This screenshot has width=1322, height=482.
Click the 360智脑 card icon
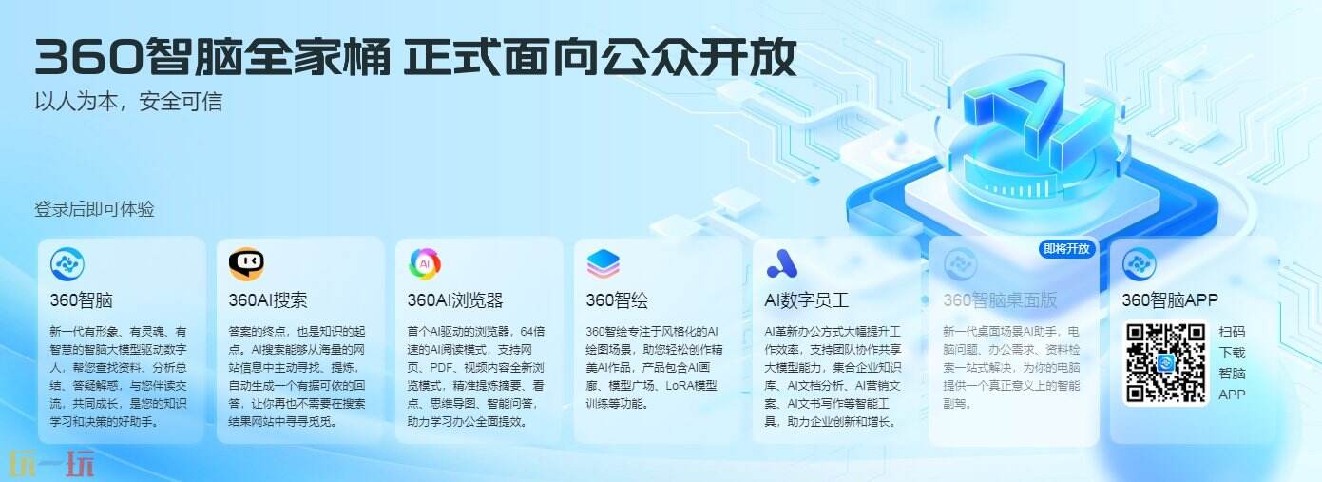tap(67, 263)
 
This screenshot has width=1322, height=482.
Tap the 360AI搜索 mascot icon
tap(246, 263)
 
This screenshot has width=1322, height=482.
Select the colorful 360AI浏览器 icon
tap(425, 263)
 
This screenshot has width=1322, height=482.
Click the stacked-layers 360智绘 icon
tap(604, 263)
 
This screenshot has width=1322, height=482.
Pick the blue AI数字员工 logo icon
tap(782, 263)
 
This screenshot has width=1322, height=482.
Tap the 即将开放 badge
tap(1067, 249)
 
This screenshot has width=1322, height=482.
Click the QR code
tap(1166, 362)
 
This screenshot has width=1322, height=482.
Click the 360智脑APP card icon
tap(1139, 263)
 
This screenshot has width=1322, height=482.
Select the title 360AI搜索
tap(268, 300)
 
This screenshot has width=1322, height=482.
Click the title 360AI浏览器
tap(455, 300)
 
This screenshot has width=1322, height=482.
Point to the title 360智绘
tap(617, 300)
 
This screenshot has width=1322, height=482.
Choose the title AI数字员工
tap(807, 300)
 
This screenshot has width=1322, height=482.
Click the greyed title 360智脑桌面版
tap(1000, 300)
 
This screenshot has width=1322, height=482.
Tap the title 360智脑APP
tap(1170, 300)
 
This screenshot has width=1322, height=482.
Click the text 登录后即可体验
tap(94, 209)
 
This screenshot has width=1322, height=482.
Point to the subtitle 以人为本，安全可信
tap(128, 101)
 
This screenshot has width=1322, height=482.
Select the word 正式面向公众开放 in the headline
tap(599, 59)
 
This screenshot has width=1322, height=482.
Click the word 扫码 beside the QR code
tap(1232, 332)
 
